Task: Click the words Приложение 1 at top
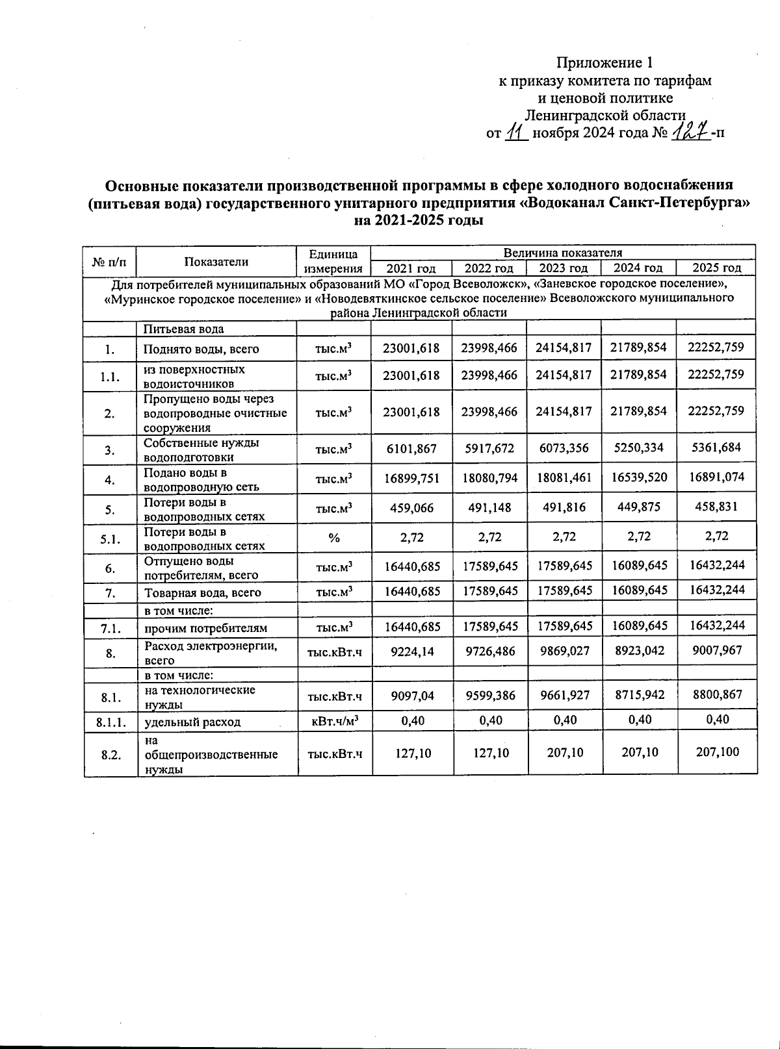604,63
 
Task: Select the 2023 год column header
564,268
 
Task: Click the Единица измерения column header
334,261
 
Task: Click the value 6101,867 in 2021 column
411,448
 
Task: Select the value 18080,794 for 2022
489,479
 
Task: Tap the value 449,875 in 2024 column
638,507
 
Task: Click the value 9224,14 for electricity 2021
411,651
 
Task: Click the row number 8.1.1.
110,721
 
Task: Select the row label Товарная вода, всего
202,592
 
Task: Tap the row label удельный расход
192,722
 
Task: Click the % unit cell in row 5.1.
334,537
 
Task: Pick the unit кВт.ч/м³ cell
334,720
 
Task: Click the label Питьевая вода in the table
184,329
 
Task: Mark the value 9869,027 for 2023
564,651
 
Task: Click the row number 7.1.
110,627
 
